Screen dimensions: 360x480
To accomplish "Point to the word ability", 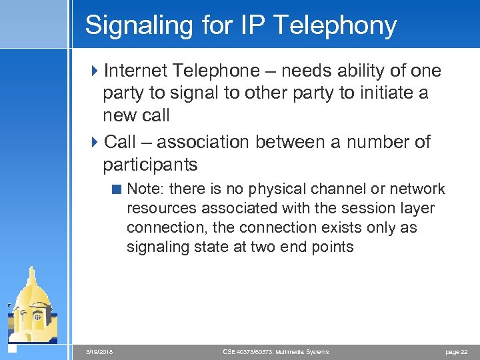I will (x=355, y=71).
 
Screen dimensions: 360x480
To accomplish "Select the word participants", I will (x=150, y=164).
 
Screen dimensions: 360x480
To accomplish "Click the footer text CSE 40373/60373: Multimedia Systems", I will (x=275, y=352).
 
